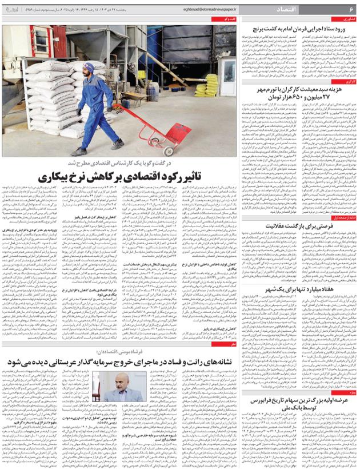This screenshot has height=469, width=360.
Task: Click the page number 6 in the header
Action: [351, 10]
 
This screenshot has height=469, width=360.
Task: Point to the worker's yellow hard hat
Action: [87, 67]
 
